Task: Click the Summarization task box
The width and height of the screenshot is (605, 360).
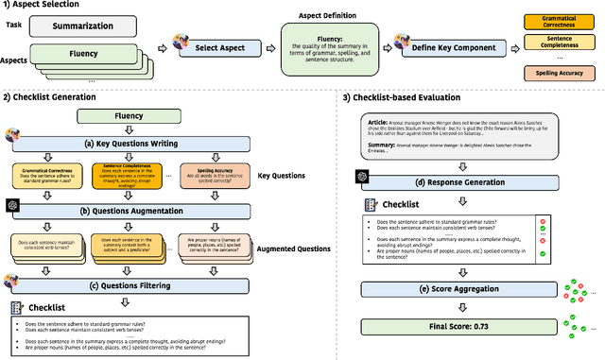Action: [95, 29]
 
